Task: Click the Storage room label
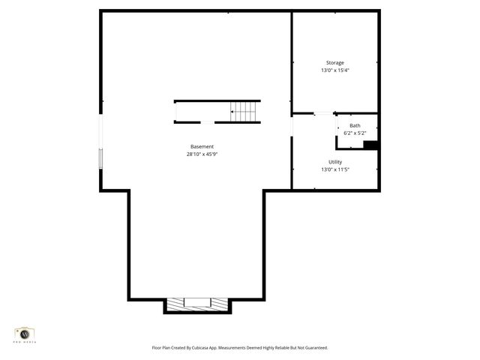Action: pos(334,62)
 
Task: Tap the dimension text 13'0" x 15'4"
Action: pos(334,70)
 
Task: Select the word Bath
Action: pos(355,125)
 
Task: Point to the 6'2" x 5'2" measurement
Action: pos(355,133)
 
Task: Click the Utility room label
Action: pos(334,162)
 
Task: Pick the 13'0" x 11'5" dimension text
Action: pos(334,169)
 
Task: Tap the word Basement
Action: pos(202,146)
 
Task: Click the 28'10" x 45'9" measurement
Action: pos(202,154)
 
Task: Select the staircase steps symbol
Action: pos(244,112)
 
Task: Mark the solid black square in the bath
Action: pos(369,145)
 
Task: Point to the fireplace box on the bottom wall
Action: pos(197,303)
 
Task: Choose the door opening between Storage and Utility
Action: pos(323,114)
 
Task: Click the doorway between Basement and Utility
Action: pos(292,126)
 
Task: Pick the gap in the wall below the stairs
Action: pos(208,122)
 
